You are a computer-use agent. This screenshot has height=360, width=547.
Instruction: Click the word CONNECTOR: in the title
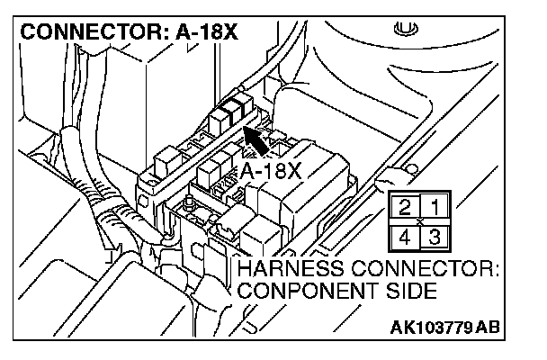[86, 32]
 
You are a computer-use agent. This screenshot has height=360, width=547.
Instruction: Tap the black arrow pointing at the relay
[261, 144]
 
